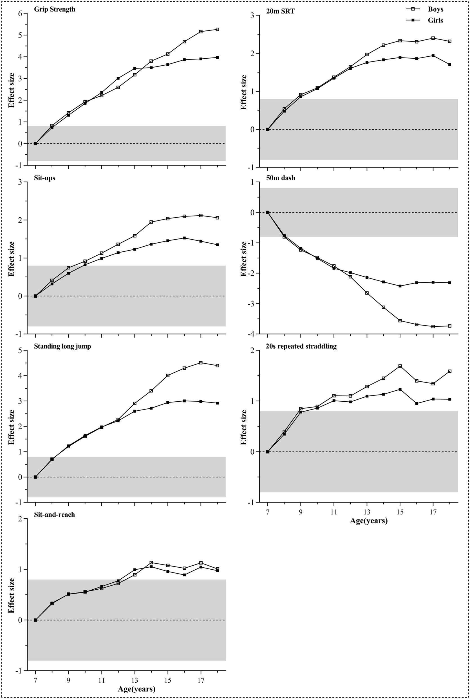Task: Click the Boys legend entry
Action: click(435, 9)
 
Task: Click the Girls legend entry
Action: click(435, 20)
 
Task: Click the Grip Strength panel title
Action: click(55, 9)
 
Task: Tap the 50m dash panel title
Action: click(281, 178)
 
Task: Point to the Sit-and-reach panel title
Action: click(54, 514)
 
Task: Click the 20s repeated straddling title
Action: click(301, 346)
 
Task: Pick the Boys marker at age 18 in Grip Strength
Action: click(217, 29)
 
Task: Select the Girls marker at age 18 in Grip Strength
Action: click(217, 57)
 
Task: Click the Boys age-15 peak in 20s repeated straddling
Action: click(400, 366)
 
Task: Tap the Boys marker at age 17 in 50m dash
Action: click(433, 327)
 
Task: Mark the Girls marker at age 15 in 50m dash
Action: click(400, 286)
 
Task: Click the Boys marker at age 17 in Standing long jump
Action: click(201, 362)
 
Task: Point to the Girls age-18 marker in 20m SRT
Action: click(450, 65)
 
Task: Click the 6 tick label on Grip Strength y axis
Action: click(20, 13)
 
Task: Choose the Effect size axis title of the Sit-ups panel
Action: click(11, 259)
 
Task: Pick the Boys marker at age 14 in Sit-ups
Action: click(151, 222)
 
